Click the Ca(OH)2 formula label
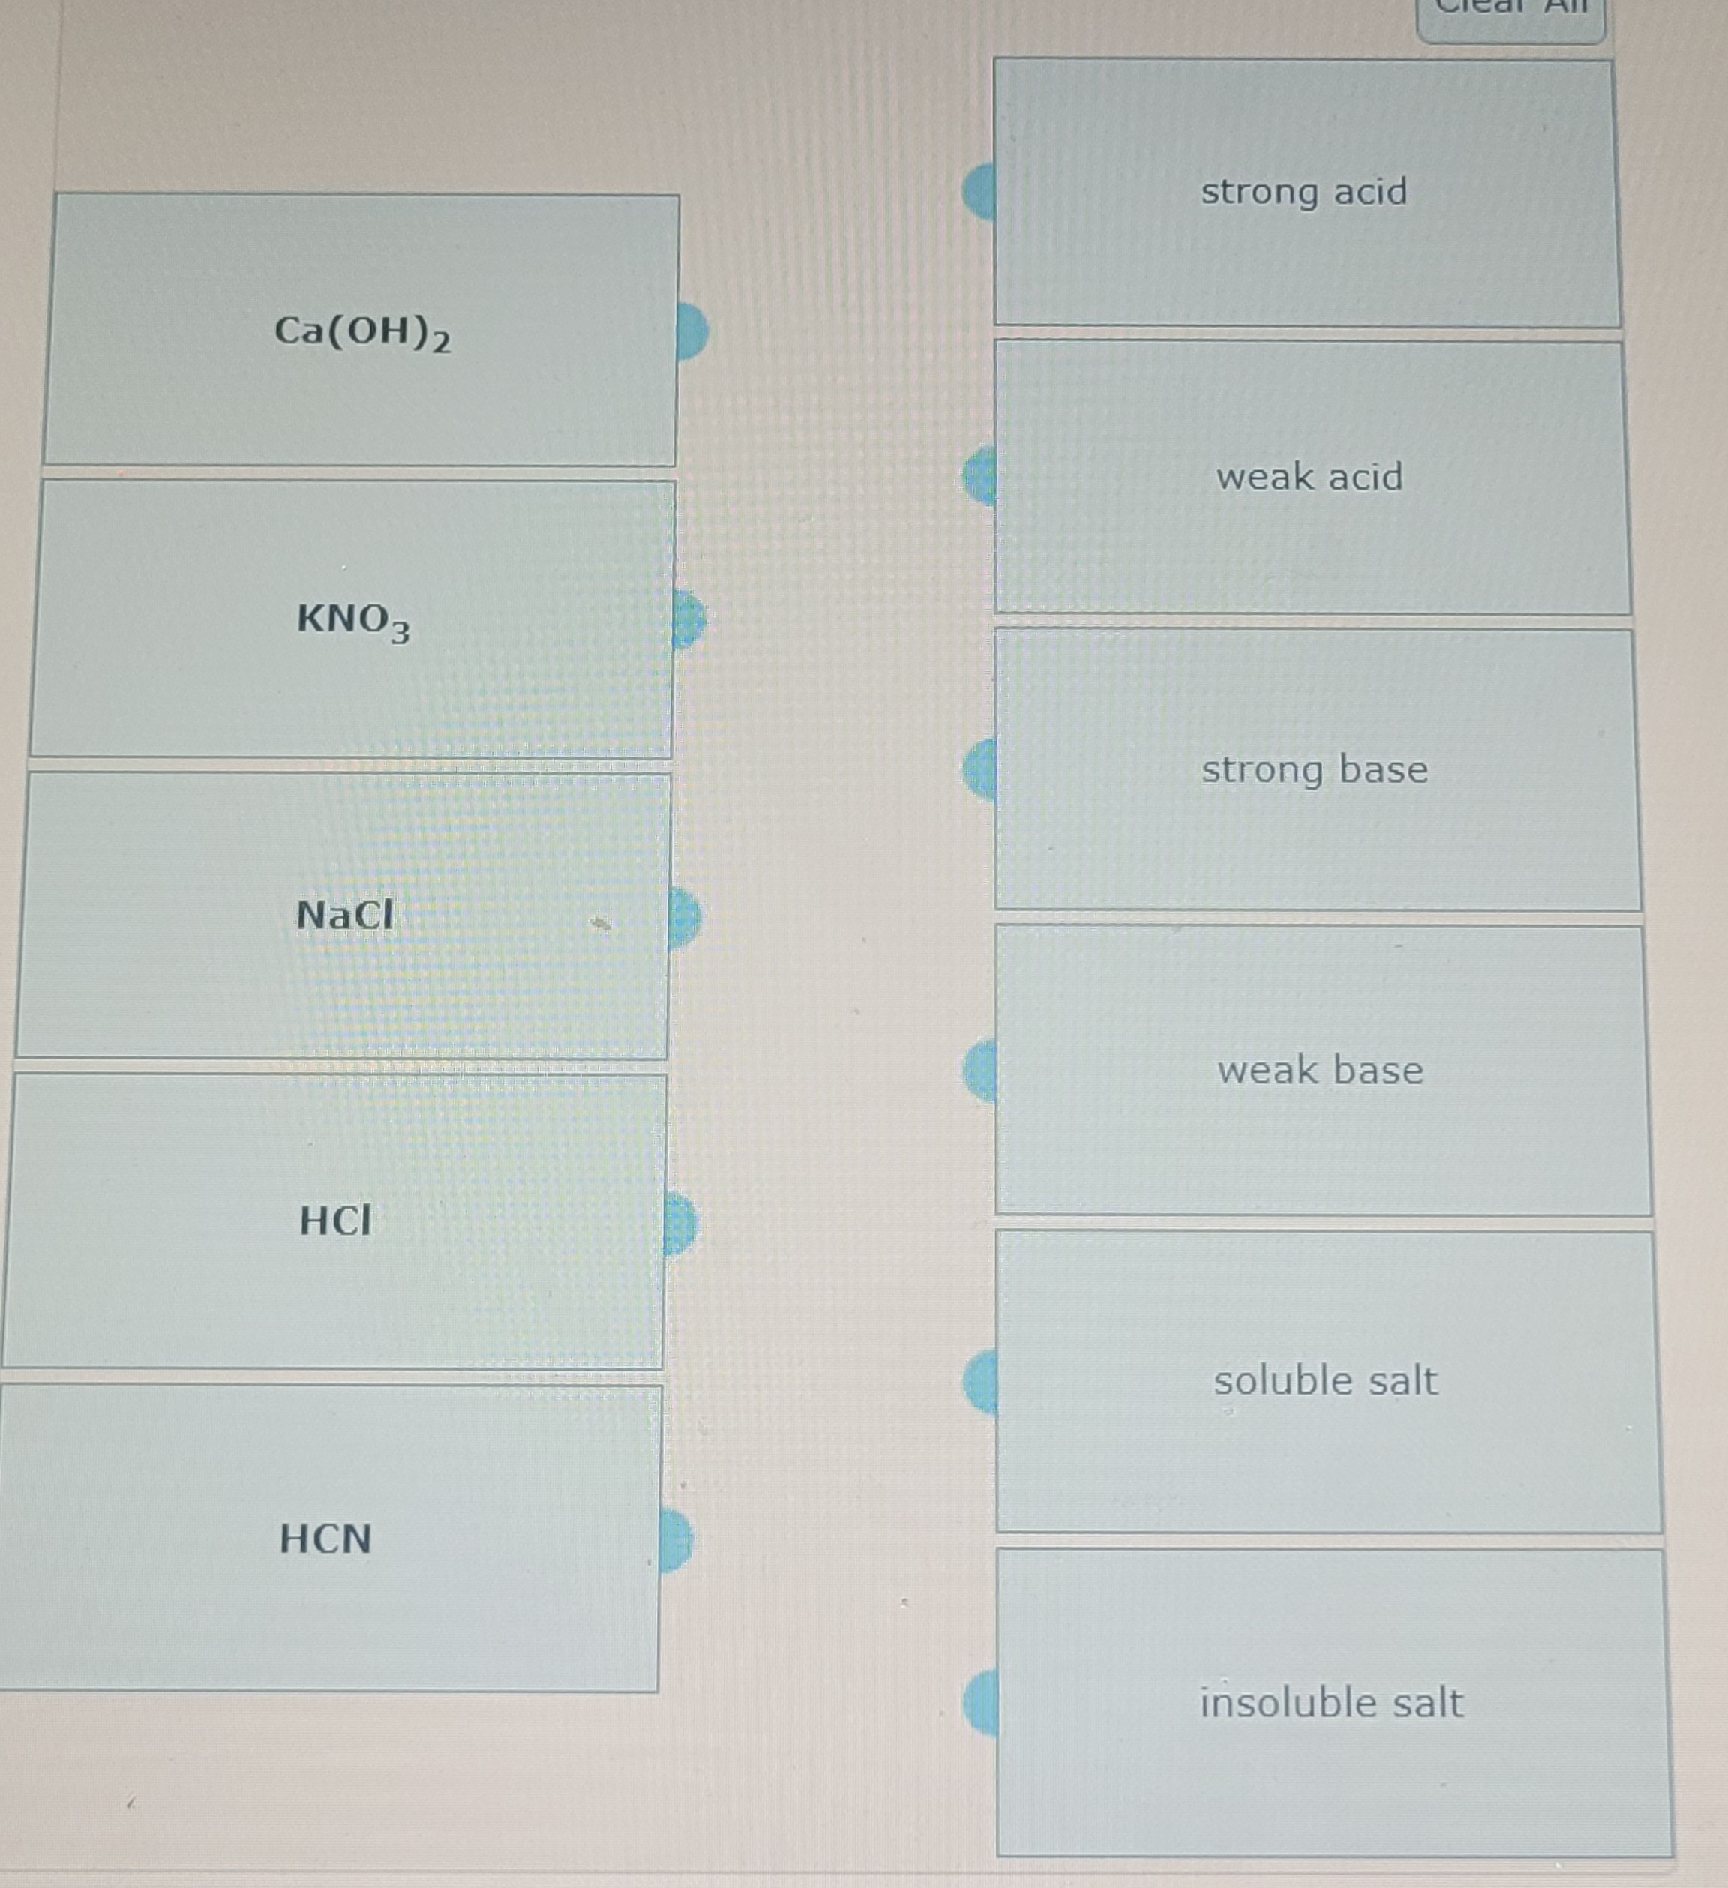pyautogui.click(x=362, y=332)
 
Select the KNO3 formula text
pyautogui.click(x=353, y=620)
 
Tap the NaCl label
pyautogui.click(x=345, y=915)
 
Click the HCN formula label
pyautogui.click(x=326, y=1539)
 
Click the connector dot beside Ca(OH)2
pyautogui.click(x=691, y=331)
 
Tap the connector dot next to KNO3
pyautogui.click(x=688, y=619)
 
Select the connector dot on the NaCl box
pyautogui.click(x=685, y=917)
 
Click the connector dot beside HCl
pyautogui.click(x=681, y=1223)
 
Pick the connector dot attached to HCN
pyautogui.click(x=675, y=1539)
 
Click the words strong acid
pyautogui.click(x=1303, y=192)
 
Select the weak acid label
pyautogui.click(x=1309, y=478)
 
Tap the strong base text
pyautogui.click(x=1315, y=770)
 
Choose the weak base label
pyautogui.click(x=1321, y=1071)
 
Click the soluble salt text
pyautogui.click(x=1325, y=1381)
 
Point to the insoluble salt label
pyautogui.click(x=1331, y=1703)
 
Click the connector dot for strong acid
pyautogui.click(x=979, y=191)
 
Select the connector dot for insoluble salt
pyautogui.click(x=980, y=1703)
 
